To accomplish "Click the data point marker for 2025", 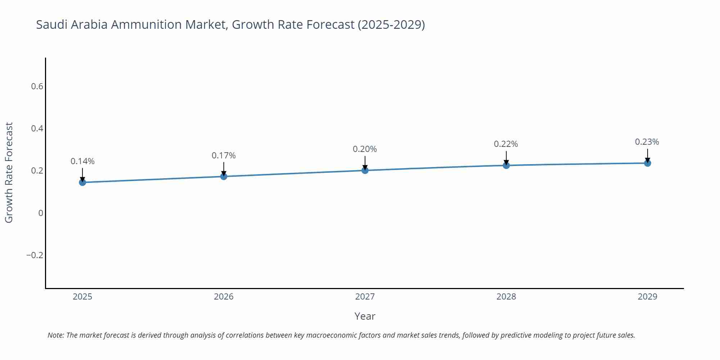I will (x=82, y=182).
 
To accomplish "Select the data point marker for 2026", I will (x=224, y=176).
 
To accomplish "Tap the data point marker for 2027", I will (x=365, y=170).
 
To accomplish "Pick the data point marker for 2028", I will (x=506, y=165).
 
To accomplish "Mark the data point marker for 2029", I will (x=647, y=163).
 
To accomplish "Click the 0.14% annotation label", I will (x=82, y=161).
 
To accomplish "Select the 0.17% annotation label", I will (x=224, y=156).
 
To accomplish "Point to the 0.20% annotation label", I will (x=365, y=149).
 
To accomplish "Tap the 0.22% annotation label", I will (x=506, y=144).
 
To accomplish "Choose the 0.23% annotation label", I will (x=647, y=142).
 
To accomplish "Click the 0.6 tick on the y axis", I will (x=37, y=86).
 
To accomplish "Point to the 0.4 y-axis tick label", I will (x=37, y=129).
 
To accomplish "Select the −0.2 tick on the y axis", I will (x=35, y=255).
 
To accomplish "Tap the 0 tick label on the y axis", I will (x=41, y=213).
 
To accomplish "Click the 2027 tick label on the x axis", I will (x=365, y=297).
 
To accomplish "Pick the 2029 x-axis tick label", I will (x=647, y=297).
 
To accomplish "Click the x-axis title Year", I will (x=365, y=316).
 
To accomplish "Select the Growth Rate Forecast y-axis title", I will (x=9, y=172).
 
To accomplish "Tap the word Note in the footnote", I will (x=55, y=335).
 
